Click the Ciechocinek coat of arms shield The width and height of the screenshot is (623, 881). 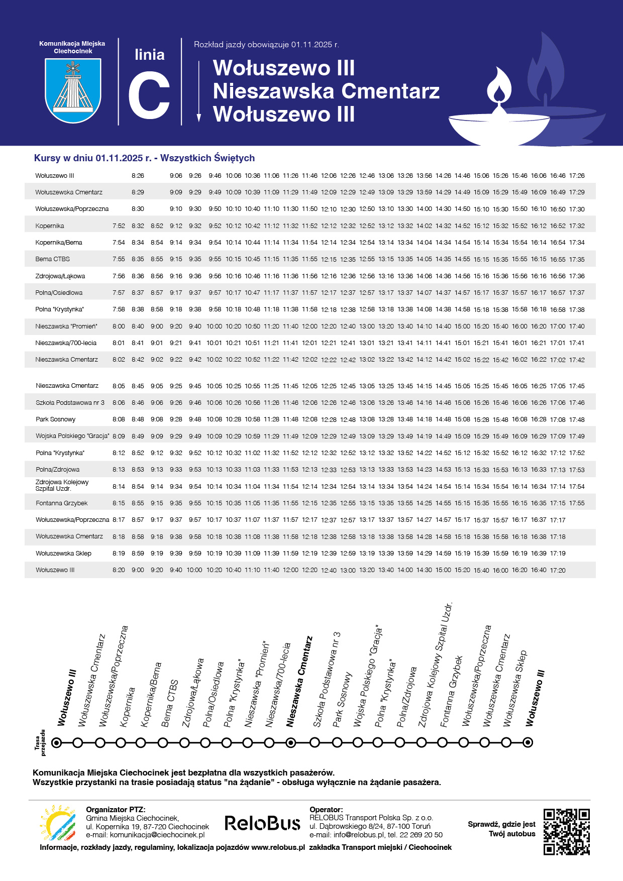point(73,90)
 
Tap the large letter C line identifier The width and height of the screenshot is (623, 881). point(149,95)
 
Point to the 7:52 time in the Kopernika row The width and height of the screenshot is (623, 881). point(119,226)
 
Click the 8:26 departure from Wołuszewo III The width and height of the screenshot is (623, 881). point(138,176)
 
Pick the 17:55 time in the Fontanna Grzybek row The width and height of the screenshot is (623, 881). point(577,503)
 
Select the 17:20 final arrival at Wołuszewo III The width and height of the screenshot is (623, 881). point(558,570)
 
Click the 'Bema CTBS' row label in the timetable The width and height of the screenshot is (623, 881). point(53,259)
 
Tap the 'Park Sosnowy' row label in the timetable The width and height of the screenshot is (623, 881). point(56,419)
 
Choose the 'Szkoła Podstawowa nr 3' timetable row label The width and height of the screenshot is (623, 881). point(70,403)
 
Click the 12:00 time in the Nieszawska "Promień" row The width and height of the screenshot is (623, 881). point(309,326)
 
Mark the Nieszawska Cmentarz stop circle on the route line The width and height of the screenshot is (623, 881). point(290,742)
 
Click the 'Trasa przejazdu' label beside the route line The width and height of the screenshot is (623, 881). point(40,742)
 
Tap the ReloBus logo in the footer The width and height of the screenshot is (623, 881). point(262,823)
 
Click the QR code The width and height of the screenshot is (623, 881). point(566,831)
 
